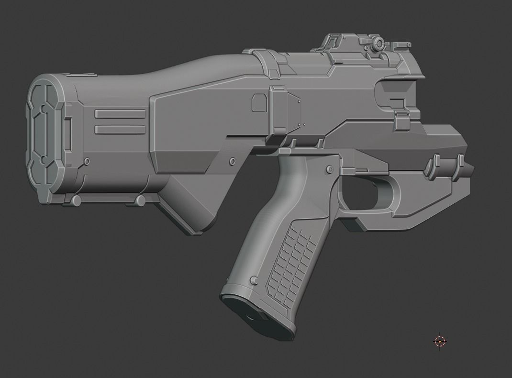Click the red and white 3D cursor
(440, 341)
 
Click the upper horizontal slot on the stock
(120, 114)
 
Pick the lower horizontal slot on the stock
(120, 129)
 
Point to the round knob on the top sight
(379, 44)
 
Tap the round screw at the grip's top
(329, 170)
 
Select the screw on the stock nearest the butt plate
(87, 160)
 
